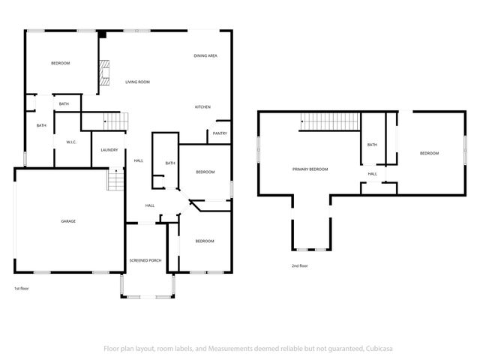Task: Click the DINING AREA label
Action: click(x=205, y=56)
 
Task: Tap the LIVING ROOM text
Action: click(x=137, y=82)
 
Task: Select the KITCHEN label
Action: click(x=202, y=107)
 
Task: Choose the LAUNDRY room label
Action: click(x=109, y=150)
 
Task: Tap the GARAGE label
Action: click(x=68, y=221)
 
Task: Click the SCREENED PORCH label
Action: click(x=145, y=260)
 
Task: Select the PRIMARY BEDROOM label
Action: click(x=310, y=169)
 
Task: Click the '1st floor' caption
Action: click(x=22, y=289)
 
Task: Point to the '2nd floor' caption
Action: click(x=300, y=265)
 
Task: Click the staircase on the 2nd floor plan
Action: click(x=329, y=120)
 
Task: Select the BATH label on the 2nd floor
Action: click(x=372, y=145)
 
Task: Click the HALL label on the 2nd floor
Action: click(x=372, y=174)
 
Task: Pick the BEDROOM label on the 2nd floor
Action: click(x=429, y=153)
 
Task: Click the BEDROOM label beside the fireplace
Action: click(x=60, y=64)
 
